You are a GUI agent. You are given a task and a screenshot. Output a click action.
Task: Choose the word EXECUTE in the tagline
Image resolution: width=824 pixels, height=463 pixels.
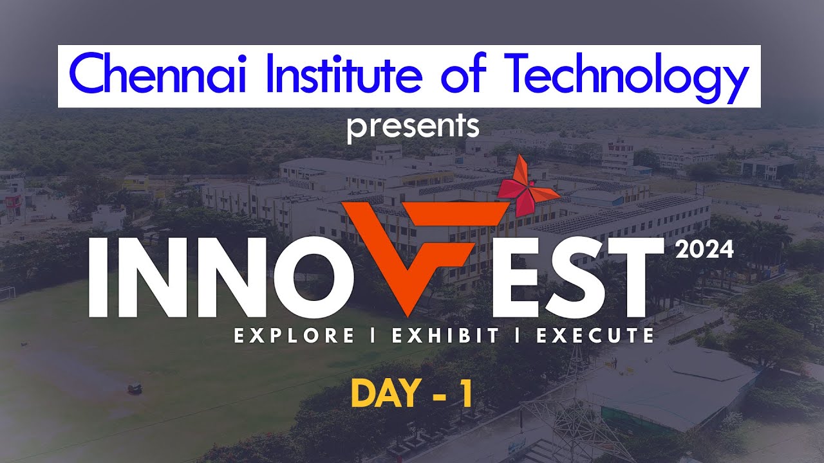595,336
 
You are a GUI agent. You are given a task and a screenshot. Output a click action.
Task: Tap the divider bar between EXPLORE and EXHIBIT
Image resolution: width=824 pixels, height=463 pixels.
373,336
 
